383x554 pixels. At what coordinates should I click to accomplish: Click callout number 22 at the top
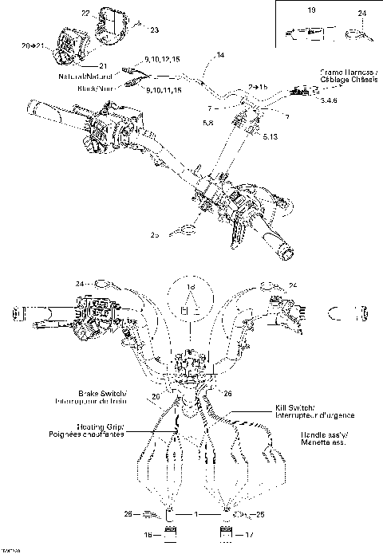pos(86,14)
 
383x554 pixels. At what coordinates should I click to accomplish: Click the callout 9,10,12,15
pos(164,60)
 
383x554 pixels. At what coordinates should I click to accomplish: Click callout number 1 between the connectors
pos(197,514)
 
